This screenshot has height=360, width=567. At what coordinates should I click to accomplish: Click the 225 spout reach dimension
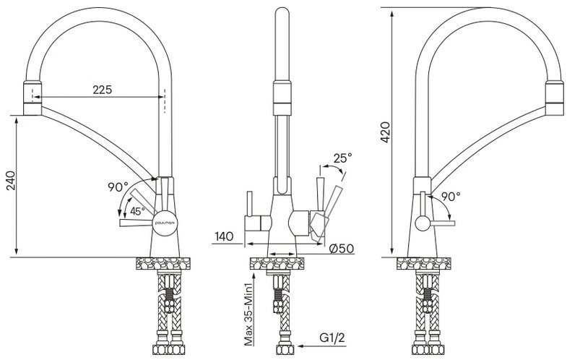click(x=103, y=90)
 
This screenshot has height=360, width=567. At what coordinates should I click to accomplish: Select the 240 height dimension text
click(x=12, y=181)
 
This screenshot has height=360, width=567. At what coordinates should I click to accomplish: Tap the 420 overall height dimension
click(x=386, y=132)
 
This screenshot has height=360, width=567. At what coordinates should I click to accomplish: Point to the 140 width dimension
click(x=224, y=236)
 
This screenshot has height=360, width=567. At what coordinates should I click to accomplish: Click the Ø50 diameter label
click(x=342, y=249)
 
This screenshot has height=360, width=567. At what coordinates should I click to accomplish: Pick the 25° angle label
click(x=342, y=158)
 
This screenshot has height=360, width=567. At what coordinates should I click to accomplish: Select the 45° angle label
click(x=138, y=211)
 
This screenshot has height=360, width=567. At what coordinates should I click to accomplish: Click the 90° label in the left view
click(x=118, y=187)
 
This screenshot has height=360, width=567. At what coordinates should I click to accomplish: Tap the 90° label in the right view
click(x=451, y=197)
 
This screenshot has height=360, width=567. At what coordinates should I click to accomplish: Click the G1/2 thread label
click(x=332, y=338)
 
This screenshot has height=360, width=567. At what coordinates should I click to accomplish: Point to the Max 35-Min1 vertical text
click(x=248, y=311)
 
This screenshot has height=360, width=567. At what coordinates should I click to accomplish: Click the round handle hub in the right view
click(x=423, y=223)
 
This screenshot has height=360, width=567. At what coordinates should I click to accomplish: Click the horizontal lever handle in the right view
click(x=443, y=223)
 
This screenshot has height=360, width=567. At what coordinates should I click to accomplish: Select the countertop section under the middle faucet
click(x=277, y=263)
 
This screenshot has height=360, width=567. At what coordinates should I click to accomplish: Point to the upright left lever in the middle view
click(x=249, y=204)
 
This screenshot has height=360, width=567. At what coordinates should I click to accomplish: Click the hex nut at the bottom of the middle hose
click(x=285, y=350)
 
